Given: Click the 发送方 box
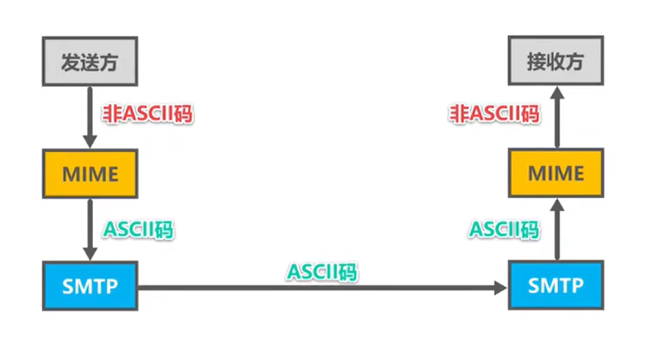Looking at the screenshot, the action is pos(90,62).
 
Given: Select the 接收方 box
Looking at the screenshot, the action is pos(556,62).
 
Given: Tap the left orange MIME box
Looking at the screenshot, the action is pos(90,174).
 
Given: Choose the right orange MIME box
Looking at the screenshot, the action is pos(556,174).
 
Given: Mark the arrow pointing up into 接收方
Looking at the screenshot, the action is pos(556,117).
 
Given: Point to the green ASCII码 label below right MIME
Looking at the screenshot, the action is pos(504,230).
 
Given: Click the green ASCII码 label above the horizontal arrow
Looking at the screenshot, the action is pos(322,272).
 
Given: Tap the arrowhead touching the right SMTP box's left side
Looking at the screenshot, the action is pos(500,288).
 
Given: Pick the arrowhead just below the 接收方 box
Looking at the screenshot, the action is pos(556,92).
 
